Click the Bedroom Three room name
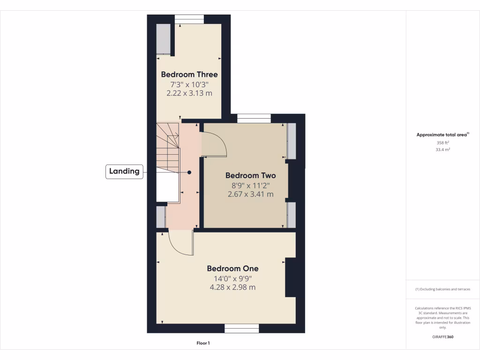[189, 74]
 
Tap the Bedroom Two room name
[250, 175]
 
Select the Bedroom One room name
[232, 269]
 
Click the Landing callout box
[124, 172]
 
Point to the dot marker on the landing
[189, 172]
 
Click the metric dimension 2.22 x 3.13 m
[189, 93]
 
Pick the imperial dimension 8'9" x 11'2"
[250, 185]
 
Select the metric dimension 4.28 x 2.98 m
[232, 287]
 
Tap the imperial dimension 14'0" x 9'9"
[232, 278]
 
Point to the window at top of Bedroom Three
[189, 19]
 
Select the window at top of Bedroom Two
[254, 118]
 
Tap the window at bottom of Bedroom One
[241, 329]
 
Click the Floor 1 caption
[203, 343]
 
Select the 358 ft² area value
[442, 142]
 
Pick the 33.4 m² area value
[442, 150]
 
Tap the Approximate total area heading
[442, 135]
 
